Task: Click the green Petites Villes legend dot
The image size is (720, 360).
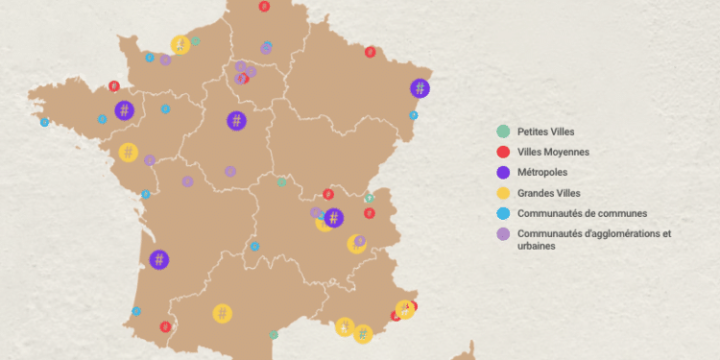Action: [x=502, y=132]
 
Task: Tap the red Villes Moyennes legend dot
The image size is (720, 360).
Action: [x=502, y=152]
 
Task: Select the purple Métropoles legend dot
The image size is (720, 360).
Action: [x=502, y=173]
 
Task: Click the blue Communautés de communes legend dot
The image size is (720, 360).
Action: [x=502, y=213]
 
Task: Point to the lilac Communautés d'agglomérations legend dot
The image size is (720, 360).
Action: [x=502, y=233]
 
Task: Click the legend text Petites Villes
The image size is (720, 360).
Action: [x=545, y=132]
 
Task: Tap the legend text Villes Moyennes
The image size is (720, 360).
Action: [x=553, y=152]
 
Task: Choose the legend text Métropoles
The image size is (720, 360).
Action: [x=541, y=173]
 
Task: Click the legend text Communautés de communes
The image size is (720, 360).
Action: [x=582, y=213]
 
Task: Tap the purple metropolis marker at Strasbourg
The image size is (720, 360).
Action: [x=420, y=88]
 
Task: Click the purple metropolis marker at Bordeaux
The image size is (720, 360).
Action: [x=159, y=259]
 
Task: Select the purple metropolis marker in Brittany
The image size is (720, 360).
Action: [x=124, y=110]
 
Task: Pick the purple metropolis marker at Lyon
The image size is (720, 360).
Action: [x=333, y=218]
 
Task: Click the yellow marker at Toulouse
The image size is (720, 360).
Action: [x=222, y=313]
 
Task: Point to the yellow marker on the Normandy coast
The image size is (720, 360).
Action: [x=180, y=44]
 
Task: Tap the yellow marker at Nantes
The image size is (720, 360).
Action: [x=128, y=152]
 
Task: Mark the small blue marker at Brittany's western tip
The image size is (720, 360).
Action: [x=44, y=122]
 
